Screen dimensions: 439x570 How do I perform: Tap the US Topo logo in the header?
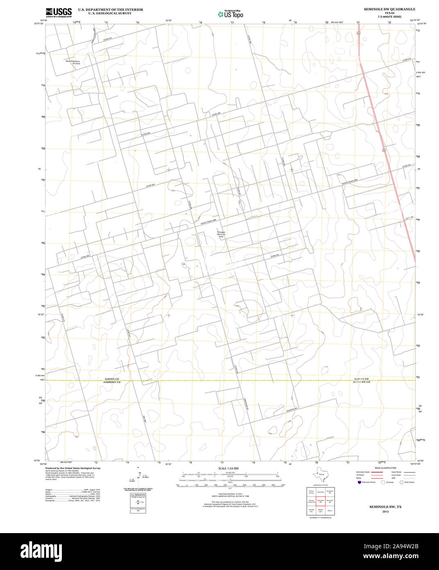tap(230, 14)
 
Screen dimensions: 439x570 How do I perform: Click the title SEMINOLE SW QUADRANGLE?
tap(389, 9)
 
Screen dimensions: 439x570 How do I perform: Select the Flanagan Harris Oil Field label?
tap(221, 234)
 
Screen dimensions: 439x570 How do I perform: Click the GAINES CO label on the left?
tap(111, 379)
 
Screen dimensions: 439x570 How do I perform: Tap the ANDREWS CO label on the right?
tap(362, 382)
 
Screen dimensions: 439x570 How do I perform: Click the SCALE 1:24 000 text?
tap(228, 468)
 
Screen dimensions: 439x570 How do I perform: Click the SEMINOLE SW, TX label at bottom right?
tap(385, 507)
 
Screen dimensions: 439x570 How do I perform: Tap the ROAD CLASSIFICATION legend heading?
tap(385, 468)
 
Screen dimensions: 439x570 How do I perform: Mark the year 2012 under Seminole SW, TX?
tap(385, 512)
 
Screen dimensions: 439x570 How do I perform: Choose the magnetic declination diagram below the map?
tap(139, 478)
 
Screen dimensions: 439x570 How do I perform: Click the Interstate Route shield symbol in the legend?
tap(359, 482)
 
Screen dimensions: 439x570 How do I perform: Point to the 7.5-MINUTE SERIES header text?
tap(389, 17)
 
